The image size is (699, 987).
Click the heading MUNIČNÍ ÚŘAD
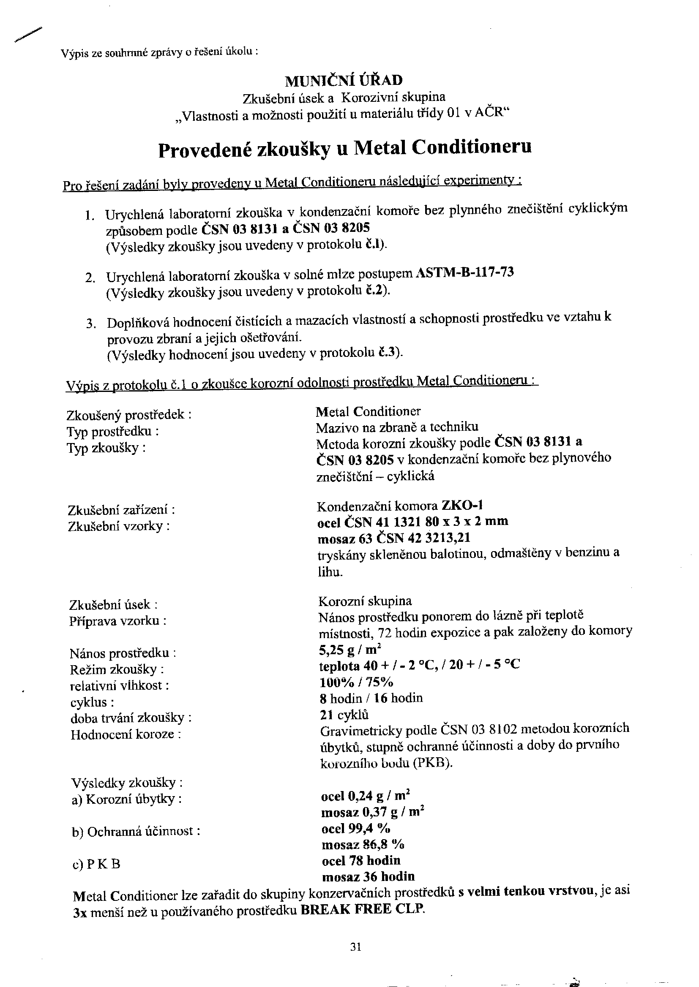point(344,80)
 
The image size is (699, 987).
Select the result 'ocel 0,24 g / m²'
point(366,796)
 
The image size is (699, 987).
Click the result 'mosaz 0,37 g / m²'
point(373,812)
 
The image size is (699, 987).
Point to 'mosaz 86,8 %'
point(363,845)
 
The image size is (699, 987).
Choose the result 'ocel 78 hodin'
point(361,861)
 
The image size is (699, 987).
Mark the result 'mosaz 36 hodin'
point(368,876)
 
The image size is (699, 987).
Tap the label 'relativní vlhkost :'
point(119,685)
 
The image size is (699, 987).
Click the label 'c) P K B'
point(96,864)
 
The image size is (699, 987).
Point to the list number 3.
point(90,324)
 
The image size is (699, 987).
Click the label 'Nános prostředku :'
point(123,653)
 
